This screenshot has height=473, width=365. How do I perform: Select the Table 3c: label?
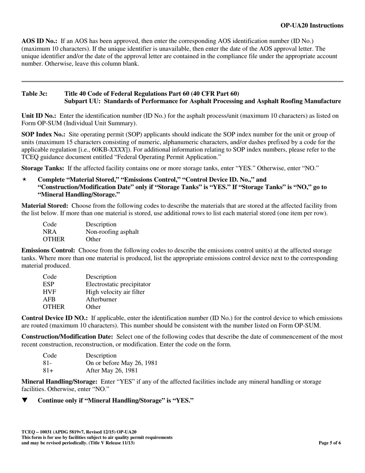(35, 93)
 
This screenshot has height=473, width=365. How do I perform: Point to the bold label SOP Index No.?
(43, 134)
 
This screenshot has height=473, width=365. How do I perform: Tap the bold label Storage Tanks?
(43, 168)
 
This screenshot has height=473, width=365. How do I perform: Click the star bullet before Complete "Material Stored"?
(25, 180)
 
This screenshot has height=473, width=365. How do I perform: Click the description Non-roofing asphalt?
(112, 232)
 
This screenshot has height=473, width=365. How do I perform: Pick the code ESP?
(48, 284)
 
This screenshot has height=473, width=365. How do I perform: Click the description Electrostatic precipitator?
(118, 284)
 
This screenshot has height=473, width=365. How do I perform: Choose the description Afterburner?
(101, 299)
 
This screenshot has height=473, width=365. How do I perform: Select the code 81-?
(47, 363)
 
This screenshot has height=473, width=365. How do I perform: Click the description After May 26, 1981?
(111, 371)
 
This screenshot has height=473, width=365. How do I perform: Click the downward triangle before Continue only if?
(25, 400)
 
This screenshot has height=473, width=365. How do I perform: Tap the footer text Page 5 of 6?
(330, 443)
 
